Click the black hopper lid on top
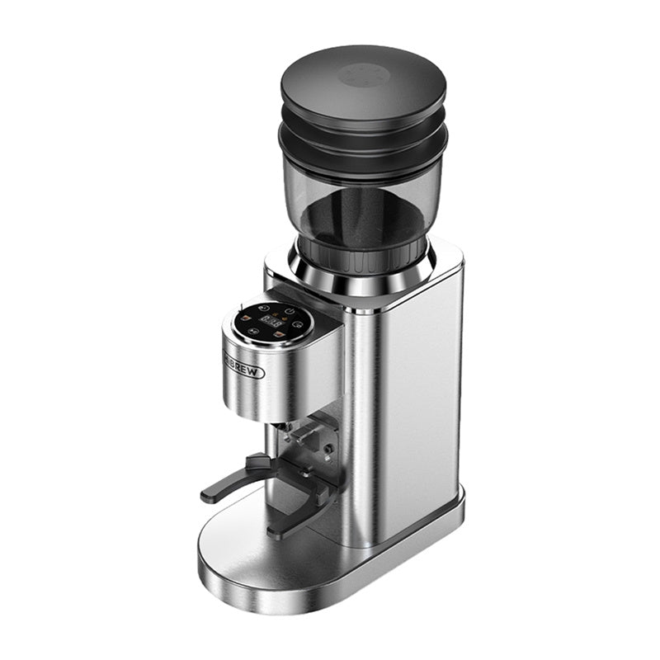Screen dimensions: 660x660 click(x=363, y=82)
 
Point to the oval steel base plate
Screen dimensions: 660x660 click(x=247, y=561)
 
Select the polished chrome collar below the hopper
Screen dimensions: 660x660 click(x=363, y=280)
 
